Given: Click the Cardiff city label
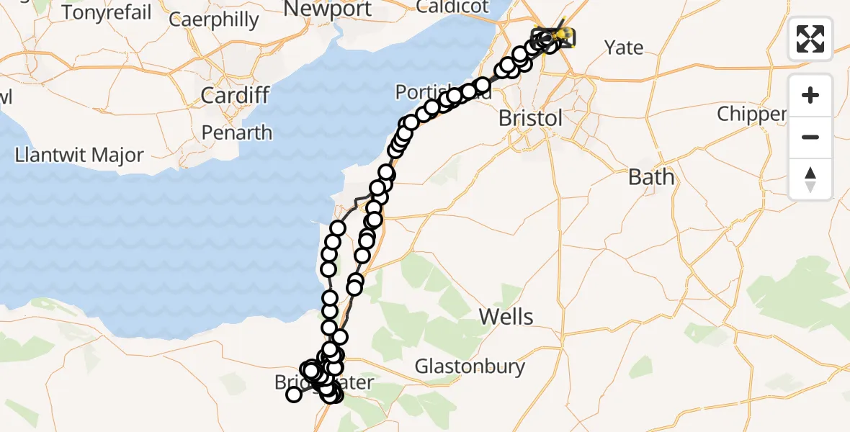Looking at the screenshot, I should pos(236,94).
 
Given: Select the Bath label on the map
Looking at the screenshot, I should pos(651,176).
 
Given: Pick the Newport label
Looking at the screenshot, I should pos(328,9).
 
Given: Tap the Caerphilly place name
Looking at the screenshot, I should pos(213,19).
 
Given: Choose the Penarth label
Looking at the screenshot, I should pos(237,132).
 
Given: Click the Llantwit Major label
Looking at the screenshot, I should pos(80,155).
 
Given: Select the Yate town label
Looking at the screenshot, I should pos(624,48).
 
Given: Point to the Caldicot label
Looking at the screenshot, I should pos(452,7).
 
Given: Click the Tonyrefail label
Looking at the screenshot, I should pos(107,12).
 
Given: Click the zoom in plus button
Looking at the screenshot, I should pos(810,95).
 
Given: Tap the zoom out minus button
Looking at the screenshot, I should pos(810,137).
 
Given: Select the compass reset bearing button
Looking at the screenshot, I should pos(810,179).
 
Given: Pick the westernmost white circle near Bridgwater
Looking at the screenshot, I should pos(293,394).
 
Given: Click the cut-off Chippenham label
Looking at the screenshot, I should pos(751,114).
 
